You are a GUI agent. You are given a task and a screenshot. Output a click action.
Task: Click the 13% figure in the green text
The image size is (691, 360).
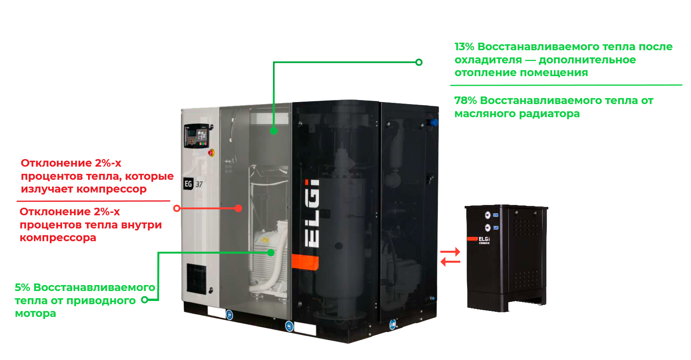[464, 47]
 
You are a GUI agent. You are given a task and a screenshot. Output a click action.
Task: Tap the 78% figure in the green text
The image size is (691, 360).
[465, 101]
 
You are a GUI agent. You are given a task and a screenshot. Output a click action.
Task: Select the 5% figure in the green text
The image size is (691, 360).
[22, 287]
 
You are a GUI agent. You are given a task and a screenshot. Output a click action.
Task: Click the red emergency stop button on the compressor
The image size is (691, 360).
[211, 152]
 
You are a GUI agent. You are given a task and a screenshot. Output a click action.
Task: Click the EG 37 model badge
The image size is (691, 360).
[193, 184]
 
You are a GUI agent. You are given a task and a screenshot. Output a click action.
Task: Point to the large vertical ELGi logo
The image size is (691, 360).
[312, 213]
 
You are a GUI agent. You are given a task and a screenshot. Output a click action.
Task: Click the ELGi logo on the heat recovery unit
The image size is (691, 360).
[484, 239]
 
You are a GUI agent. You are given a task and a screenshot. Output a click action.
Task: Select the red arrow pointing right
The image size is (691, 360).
[450, 252]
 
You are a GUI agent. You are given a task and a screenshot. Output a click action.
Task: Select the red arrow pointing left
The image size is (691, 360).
[450, 262]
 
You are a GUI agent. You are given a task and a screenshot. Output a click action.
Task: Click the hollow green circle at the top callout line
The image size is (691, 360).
[419, 62]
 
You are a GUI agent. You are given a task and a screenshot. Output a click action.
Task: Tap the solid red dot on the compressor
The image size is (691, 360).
[238, 208]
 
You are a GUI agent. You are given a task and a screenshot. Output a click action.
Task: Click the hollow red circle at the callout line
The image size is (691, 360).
[177, 208]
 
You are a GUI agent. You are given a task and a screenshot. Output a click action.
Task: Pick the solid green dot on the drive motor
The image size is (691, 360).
[271, 252]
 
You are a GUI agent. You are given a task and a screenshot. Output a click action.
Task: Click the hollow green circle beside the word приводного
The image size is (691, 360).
[145, 299]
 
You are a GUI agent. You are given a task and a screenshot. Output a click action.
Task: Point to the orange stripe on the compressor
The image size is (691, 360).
[305, 263]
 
